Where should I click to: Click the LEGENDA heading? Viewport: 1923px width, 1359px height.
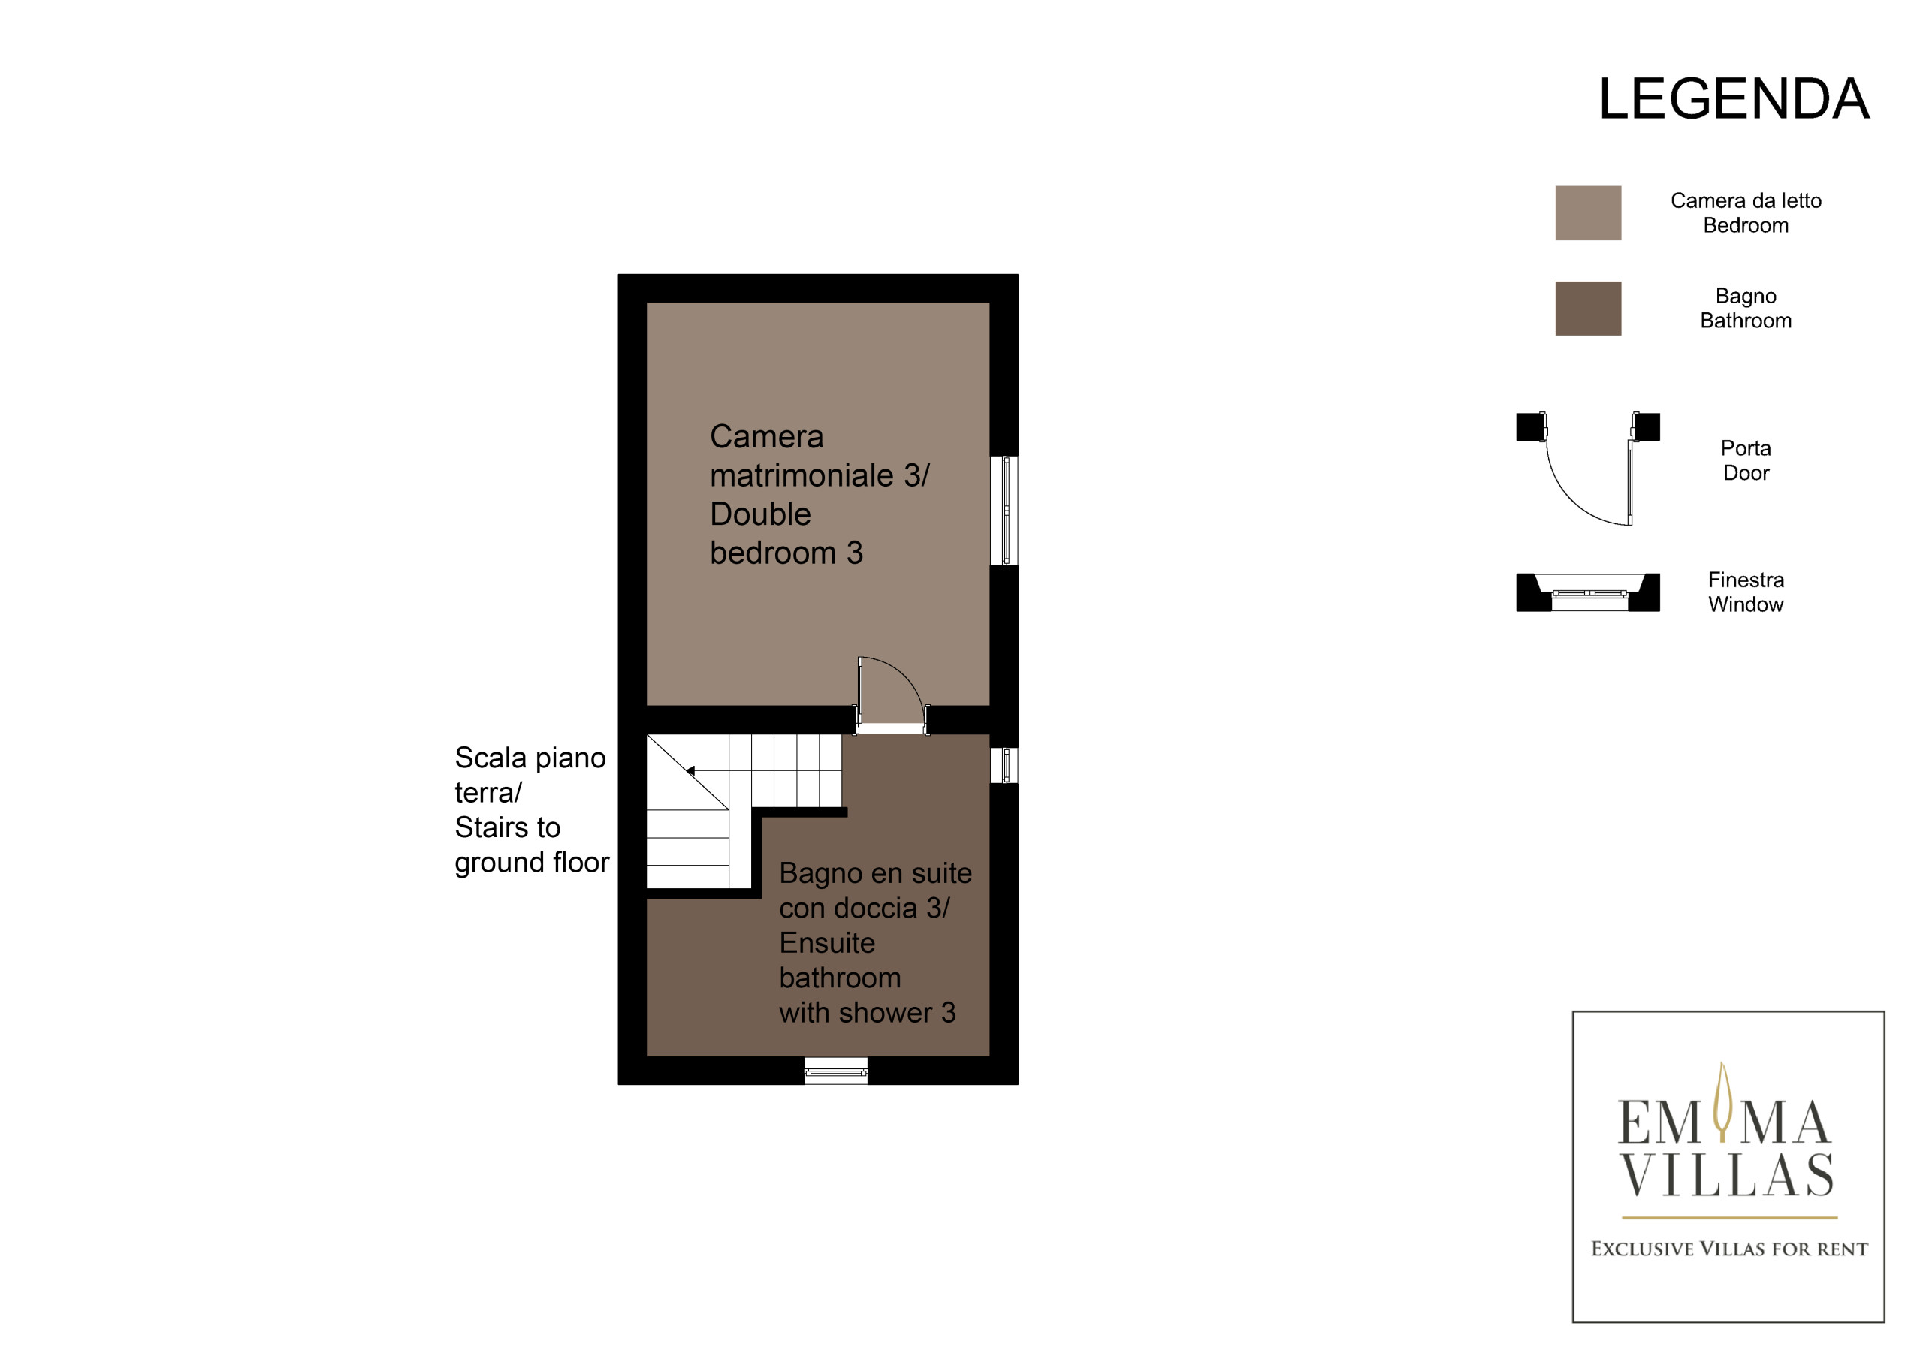(1733, 99)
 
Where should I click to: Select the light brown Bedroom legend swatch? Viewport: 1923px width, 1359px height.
(1588, 212)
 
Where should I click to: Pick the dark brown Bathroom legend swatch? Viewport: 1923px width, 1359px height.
(1588, 308)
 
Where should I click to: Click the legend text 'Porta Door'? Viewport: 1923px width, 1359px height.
(1746, 460)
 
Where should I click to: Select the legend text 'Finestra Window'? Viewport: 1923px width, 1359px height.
(1746, 592)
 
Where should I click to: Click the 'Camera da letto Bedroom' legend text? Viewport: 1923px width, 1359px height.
(1746, 212)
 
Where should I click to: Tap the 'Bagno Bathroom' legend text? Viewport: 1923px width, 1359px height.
(1746, 308)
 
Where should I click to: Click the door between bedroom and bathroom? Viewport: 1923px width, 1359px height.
(891, 695)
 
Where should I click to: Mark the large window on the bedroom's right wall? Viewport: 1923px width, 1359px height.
(1004, 510)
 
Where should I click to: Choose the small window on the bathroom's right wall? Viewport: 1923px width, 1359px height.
(1004, 765)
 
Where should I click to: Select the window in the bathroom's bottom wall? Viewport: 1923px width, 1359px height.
(836, 1071)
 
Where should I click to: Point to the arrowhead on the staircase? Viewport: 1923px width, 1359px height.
(691, 770)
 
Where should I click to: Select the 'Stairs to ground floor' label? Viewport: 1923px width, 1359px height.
(532, 845)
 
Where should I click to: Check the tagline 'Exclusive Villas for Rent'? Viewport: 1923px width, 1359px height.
(1728, 1249)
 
